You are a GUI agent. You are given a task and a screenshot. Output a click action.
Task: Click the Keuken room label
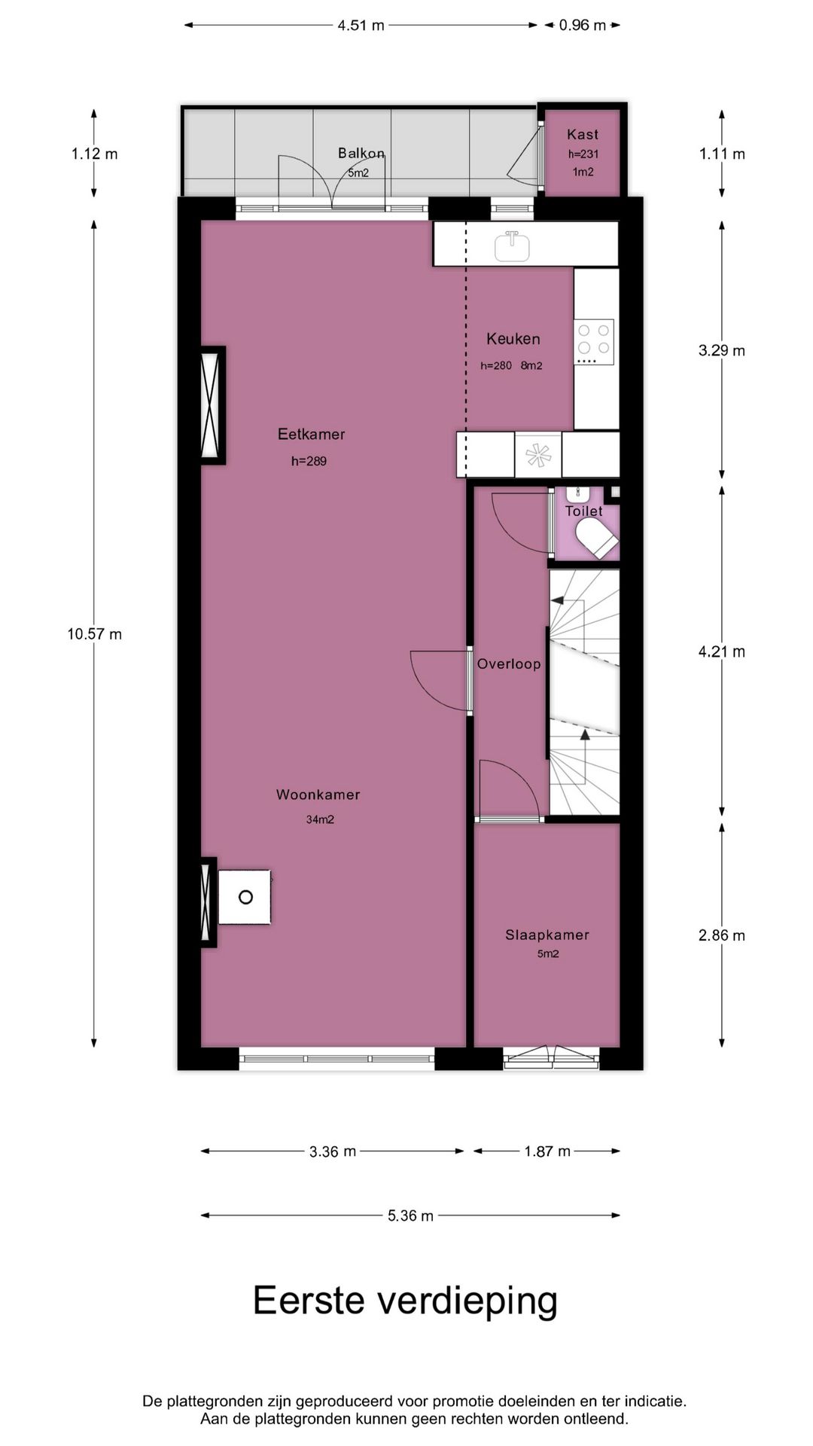point(513,339)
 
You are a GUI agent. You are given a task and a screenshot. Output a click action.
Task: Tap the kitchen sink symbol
point(512,246)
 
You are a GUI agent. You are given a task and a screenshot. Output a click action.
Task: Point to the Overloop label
point(509,664)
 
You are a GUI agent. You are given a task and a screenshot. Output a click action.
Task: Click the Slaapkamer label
point(547,935)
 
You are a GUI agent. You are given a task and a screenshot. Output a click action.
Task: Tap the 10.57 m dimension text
point(94,634)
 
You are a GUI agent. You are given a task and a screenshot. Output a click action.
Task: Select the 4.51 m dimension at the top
point(361,26)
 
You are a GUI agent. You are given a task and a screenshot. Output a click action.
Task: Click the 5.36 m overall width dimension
point(410,1216)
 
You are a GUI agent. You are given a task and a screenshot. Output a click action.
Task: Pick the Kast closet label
point(583,135)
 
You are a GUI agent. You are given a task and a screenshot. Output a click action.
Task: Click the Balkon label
point(361,154)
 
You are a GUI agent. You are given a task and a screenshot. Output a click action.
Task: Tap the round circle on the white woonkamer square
point(245,897)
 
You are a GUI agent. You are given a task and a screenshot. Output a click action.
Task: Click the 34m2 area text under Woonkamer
point(320,819)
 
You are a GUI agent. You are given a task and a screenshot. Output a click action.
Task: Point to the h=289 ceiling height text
point(309,461)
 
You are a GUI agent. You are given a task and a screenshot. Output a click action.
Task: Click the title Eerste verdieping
point(405,1301)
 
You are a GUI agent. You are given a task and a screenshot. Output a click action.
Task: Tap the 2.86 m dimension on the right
point(721,935)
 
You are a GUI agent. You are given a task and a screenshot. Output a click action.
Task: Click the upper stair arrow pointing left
point(559,599)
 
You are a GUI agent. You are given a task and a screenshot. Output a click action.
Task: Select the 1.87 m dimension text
point(547,1152)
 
